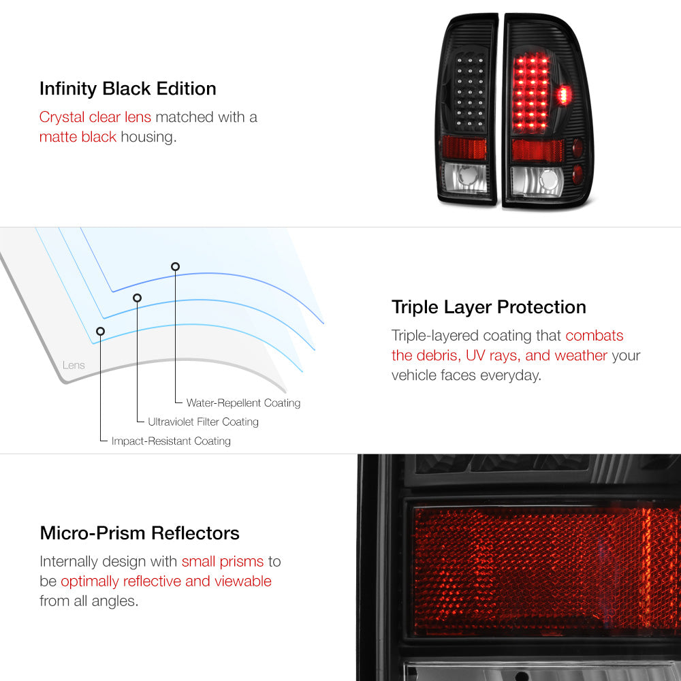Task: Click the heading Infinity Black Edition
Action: click(128, 89)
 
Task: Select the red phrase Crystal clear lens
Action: click(95, 117)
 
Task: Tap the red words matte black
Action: click(78, 137)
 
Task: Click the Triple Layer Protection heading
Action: click(488, 308)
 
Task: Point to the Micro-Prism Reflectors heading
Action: click(140, 533)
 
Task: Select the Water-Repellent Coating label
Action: click(243, 403)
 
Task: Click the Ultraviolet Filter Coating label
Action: click(203, 422)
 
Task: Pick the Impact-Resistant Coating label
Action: click(171, 441)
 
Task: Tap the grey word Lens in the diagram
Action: click(74, 365)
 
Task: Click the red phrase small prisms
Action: click(223, 562)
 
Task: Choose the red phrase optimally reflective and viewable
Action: click(166, 581)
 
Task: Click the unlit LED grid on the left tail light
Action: click(470, 93)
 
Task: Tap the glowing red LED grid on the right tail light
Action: click(530, 93)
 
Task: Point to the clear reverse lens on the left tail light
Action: click(464, 178)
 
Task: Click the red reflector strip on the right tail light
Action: click(538, 151)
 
